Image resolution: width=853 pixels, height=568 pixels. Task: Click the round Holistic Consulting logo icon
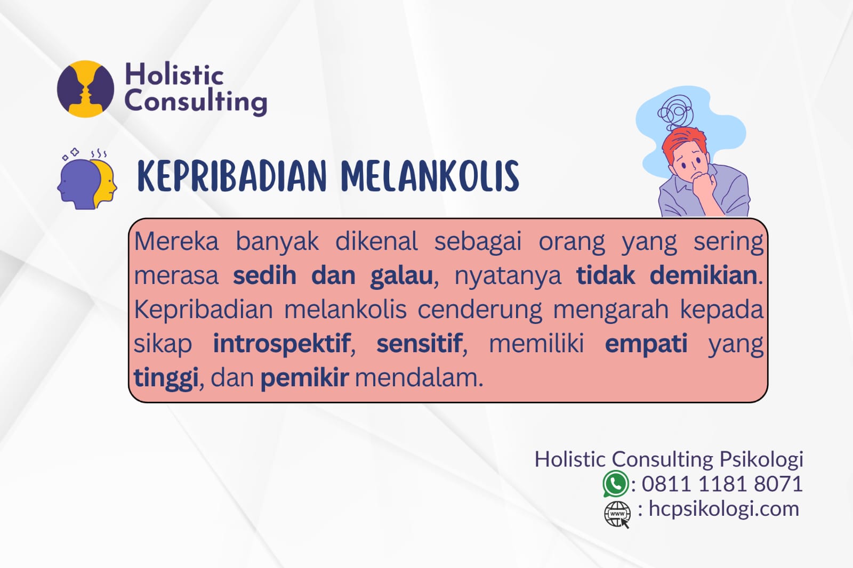[x=85, y=89]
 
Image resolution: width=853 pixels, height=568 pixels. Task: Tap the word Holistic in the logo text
[x=174, y=74]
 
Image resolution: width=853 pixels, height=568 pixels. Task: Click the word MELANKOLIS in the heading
[x=430, y=176]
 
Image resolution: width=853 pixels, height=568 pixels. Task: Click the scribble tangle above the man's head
[x=675, y=111]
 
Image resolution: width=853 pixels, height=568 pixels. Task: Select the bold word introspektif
[x=281, y=344]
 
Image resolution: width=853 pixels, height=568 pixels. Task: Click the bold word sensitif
[x=419, y=344]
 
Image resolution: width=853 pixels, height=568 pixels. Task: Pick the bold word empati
[x=646, y=344]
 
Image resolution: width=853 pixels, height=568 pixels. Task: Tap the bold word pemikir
[x=304, y=378]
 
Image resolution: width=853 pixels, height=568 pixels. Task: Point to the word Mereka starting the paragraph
[x=176, y=242]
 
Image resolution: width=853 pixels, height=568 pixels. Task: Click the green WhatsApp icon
[x=615, y=484]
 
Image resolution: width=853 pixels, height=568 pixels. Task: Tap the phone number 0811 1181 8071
[x=722, y=484]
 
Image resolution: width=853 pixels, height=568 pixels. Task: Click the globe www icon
[x=617, y=514]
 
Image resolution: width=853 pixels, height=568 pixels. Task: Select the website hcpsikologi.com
[x=723, y=509]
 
